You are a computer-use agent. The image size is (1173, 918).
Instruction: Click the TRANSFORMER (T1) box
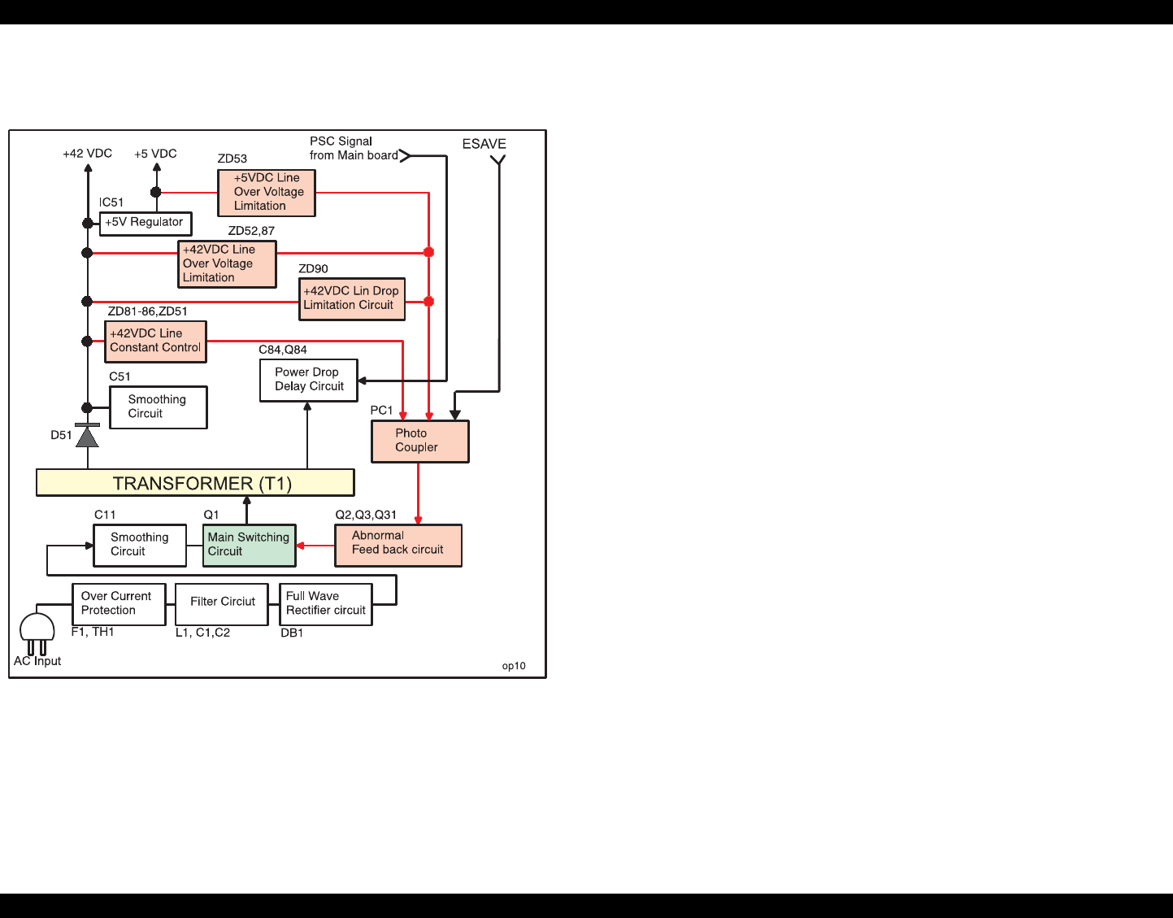click(195, 483)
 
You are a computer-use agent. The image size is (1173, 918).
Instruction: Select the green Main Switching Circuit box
click(249, 545)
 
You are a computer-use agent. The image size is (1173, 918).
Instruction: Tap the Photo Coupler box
click(419, 442)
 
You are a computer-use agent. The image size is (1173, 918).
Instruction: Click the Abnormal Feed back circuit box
click(398, 545)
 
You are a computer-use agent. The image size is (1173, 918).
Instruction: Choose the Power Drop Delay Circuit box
click(309, 380)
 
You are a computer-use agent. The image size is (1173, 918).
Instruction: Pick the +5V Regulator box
click(146, 223)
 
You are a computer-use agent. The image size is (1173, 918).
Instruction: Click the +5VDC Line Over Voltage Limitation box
click(267, 193)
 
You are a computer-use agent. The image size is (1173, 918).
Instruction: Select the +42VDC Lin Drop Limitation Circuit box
click(351, 298)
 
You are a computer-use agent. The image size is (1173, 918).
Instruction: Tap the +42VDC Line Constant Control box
click(155, 342)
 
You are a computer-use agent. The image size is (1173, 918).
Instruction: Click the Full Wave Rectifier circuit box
click(325, 604)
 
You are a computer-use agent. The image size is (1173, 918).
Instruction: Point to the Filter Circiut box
click(222, 603)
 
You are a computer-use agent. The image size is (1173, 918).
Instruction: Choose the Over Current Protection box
click(118, 604)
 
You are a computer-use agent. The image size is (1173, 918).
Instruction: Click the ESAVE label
click(484, 144)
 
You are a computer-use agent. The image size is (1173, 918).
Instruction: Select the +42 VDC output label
click(88, 154)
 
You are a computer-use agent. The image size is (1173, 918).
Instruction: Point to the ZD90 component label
click(313, 269)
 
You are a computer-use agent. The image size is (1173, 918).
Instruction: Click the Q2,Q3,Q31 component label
click(366, 515)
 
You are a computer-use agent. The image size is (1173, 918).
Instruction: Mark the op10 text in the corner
click(514, 666)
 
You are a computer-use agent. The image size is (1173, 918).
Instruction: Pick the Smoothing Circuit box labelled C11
click(140, 545)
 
